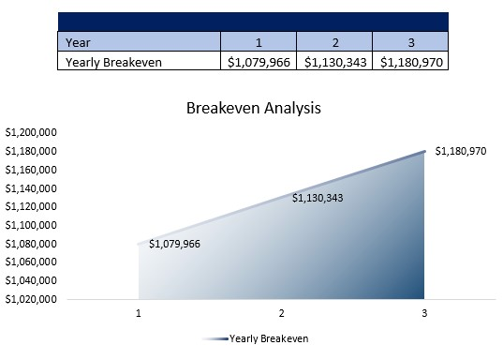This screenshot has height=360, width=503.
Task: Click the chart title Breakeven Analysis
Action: [x=253, y=108]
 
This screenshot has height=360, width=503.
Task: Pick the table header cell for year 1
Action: [x=258, y=41]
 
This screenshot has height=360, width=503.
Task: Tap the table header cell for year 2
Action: [x=333, y=41]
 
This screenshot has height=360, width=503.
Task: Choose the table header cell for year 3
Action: [x=409, y=41]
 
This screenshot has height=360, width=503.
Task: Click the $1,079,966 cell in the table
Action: [x=258, y=62]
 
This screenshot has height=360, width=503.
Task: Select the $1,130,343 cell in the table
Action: [x=333, y=62]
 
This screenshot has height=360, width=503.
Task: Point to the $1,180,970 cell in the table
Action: [x=409, y=62]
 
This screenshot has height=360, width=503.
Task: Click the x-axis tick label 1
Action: [x=139, y=313]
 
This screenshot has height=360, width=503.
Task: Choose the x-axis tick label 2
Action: [x=281, y=313]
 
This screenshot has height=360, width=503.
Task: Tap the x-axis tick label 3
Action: [x=424, y=313]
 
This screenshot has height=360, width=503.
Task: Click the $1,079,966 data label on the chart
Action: [x=174, y=244]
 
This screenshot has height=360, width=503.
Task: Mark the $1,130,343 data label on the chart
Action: [x=318, y=198]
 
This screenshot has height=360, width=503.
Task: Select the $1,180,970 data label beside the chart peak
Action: [x=460, y=151]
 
